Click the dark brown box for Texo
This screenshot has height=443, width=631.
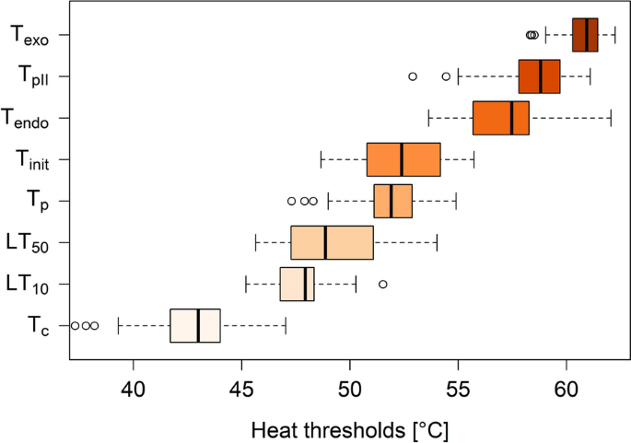pyautogui.click(x=585, y=34)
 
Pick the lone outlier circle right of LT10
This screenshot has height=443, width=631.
pyautogui.click(x=383, y=284)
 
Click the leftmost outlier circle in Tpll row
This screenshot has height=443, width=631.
pyautogui.click(x=413, y=76)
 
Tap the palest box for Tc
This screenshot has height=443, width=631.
pyautogui.click(x=194, y=325)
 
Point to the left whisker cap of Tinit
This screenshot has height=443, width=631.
pyautogui.click(x=321, y=159)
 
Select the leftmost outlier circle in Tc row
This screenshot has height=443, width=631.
pyautogui.click(x=76, y=325)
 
